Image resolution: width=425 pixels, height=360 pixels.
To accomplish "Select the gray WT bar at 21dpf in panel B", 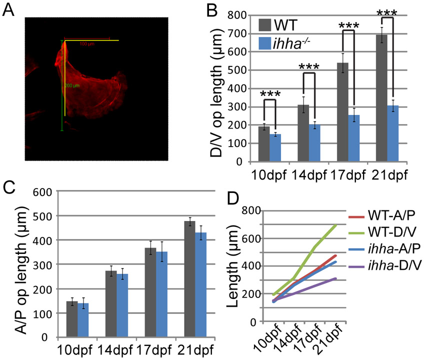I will pyautogui.click(x=381, y=98).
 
